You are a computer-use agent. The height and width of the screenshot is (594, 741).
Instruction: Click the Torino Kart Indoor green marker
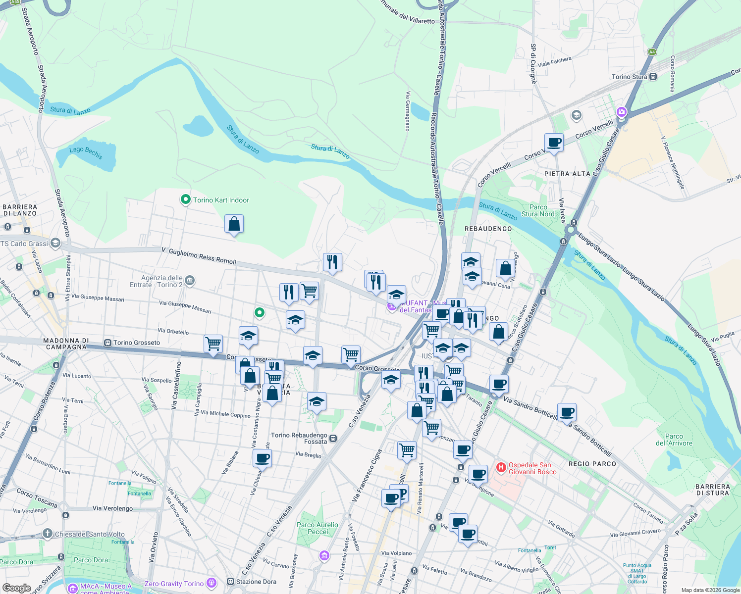[186, 200]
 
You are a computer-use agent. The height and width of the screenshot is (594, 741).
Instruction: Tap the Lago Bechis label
[86, 152]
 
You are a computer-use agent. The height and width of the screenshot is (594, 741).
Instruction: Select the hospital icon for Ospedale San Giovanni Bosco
[501, 467]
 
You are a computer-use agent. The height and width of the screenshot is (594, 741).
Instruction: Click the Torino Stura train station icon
[653, 77]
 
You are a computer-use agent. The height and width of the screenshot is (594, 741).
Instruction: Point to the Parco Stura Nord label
[538, 211]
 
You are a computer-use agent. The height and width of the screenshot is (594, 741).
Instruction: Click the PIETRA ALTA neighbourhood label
[567, 174]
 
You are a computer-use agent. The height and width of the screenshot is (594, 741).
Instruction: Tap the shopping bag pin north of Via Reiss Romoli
[234, 224]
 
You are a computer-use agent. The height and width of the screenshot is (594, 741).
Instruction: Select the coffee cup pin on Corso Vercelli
[554, 143]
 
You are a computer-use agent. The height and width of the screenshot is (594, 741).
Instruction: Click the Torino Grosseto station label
[136, 343]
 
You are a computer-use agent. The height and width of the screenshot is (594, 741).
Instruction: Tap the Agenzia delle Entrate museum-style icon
[190, 281]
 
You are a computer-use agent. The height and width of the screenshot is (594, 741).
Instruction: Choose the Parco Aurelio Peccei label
[318, 528]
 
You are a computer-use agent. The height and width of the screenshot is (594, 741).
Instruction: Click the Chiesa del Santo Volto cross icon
[48, 534]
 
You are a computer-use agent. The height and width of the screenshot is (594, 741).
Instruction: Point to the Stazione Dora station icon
[230, 582]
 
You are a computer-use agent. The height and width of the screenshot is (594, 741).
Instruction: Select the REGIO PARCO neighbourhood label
[592, 464]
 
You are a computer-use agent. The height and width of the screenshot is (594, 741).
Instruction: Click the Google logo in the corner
[16, 588]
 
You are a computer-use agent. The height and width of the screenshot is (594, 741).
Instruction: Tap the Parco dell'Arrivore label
[674, 440]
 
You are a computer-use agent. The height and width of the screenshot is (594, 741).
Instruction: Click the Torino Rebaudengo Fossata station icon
[333, 438]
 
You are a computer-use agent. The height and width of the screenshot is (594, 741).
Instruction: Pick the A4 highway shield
[652, 52]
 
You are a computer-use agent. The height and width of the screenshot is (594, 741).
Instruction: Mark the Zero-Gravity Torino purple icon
[212, 583]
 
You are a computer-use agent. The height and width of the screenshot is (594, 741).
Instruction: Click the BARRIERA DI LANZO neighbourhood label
[20, 210]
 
